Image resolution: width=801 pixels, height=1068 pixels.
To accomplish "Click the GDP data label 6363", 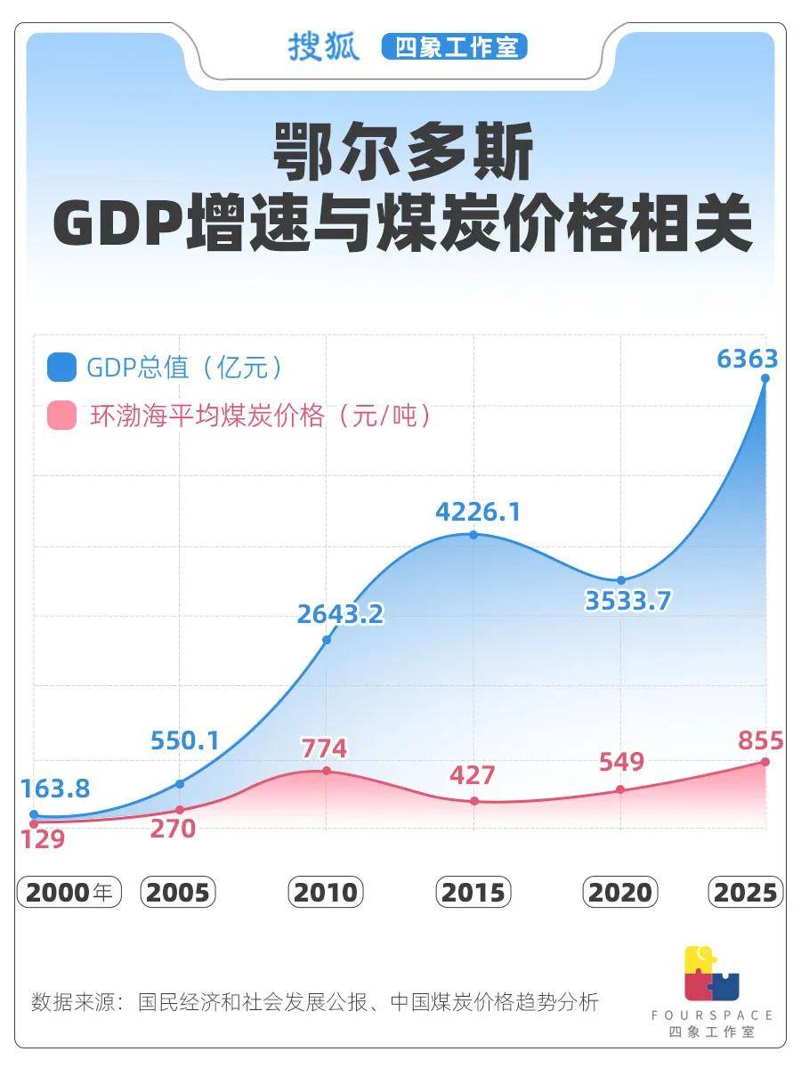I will point(748,359).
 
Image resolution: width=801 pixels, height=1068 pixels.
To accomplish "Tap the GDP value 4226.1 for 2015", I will point(478,513).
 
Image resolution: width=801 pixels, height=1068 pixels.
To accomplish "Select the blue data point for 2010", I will point(327,639).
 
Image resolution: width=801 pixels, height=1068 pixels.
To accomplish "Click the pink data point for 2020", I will point(620,789).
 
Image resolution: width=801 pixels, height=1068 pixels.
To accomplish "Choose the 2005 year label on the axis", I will point(178,892).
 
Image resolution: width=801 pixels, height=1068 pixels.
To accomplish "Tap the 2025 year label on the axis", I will point(745,892).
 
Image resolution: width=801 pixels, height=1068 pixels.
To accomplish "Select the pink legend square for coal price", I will point(62,415).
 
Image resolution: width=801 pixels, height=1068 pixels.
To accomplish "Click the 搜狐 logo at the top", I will point(323,46).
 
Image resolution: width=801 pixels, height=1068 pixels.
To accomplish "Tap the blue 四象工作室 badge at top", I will point(455,47).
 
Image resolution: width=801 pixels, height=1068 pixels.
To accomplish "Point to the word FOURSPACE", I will point(711,1015).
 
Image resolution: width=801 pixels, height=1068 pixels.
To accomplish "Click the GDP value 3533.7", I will point(627,601).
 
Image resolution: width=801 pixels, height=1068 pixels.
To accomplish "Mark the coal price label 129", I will point(42,838).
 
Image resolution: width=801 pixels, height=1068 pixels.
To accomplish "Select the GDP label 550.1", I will point(184,740).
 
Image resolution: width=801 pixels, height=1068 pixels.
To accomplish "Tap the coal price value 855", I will point(760,740).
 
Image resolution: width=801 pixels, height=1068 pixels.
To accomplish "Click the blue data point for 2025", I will point(765,378).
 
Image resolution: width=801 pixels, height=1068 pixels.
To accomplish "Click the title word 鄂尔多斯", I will point(402,153).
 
